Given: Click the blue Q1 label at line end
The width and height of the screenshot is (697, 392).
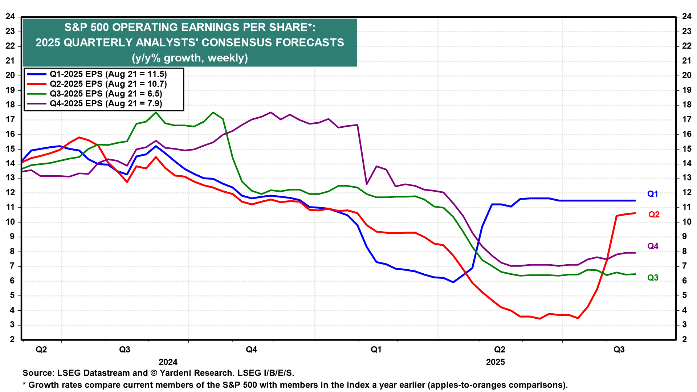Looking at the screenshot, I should tap(653, 194).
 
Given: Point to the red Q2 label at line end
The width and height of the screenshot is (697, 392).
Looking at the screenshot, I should tap(654, 215).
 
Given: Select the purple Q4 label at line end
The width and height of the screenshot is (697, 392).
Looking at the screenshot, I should tap(653, 246).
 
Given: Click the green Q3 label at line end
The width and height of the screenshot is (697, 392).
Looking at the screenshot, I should tap(653, 278).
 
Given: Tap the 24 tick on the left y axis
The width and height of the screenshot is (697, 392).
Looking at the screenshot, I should tap(10, 17).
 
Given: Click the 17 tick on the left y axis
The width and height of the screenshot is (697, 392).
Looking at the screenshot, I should tap(10, 119).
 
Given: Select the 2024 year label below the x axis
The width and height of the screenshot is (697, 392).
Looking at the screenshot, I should tap(168, 362).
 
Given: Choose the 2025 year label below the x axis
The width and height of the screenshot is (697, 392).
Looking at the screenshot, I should tap(496, 362).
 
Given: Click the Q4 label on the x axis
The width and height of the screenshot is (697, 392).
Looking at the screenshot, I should tap(251, 350).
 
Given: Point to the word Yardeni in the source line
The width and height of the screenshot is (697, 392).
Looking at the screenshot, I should tap(174, 373).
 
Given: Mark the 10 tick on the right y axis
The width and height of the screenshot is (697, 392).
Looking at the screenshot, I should tap(686, 222).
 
